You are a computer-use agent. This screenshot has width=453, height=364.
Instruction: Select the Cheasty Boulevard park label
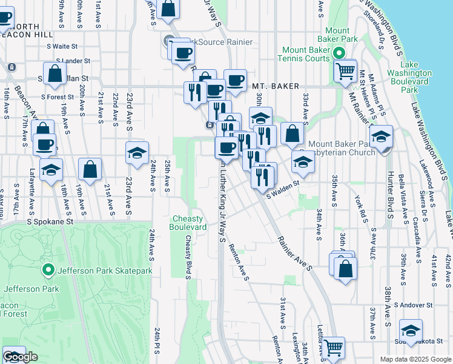point(190,223)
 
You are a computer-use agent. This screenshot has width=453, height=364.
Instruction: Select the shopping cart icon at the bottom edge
point(332,348)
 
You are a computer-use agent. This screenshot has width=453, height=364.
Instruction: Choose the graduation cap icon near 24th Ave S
point(137,153)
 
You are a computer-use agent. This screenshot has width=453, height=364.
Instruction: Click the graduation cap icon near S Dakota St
point(411,331)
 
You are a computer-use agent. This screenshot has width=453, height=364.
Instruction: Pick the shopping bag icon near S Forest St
point(55,75)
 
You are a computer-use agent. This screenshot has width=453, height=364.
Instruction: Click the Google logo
point(20,357)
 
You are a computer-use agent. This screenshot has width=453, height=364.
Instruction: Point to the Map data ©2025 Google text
point(415,359)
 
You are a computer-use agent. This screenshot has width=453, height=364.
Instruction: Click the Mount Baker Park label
point(345,35)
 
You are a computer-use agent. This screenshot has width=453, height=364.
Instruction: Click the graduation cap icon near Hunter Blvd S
point(381,137)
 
